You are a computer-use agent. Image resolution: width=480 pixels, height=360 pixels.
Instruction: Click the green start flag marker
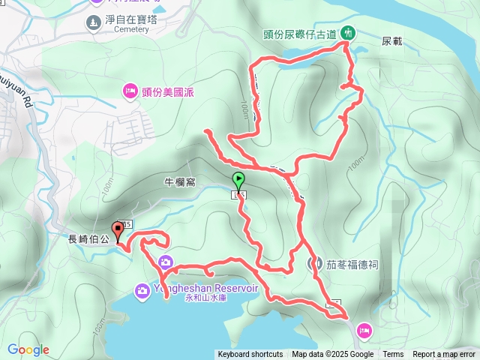point(238,181)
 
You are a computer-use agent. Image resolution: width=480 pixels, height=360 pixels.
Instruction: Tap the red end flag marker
point(118,229)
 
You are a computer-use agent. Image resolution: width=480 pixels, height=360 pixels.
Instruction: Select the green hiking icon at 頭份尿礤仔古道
point(348,32)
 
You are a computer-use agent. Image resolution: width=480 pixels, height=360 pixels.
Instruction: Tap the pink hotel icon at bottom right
point(364,328)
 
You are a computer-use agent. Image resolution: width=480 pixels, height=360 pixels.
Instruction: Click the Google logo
point(28,349)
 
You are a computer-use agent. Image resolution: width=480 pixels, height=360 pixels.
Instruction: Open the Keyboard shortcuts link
point(250,355)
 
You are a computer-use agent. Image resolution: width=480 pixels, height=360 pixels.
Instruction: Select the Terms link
point(393,355)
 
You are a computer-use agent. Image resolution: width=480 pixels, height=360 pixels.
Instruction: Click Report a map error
point(444,355)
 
